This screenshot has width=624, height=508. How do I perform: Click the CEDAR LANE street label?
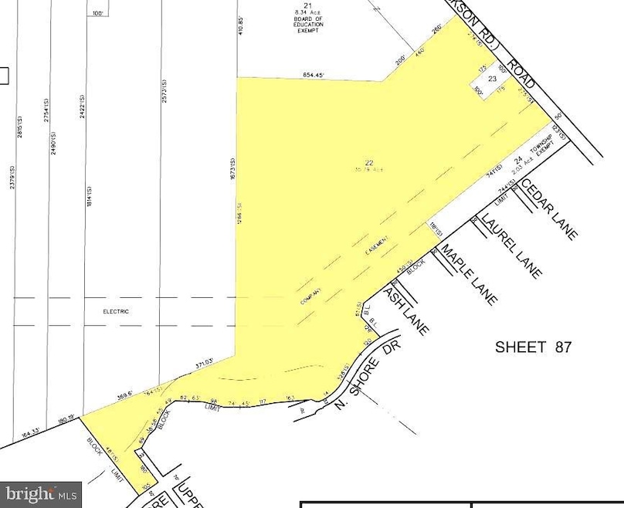coord(548,208)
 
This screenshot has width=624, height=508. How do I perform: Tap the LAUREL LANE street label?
coord(511,246)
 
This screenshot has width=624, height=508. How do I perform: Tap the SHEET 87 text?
coord(533,347)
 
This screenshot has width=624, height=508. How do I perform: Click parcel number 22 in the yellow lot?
coord(369,162)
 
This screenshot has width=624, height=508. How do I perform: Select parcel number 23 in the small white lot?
coord(490,79)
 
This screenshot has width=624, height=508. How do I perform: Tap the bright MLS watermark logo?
coord(42,491)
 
